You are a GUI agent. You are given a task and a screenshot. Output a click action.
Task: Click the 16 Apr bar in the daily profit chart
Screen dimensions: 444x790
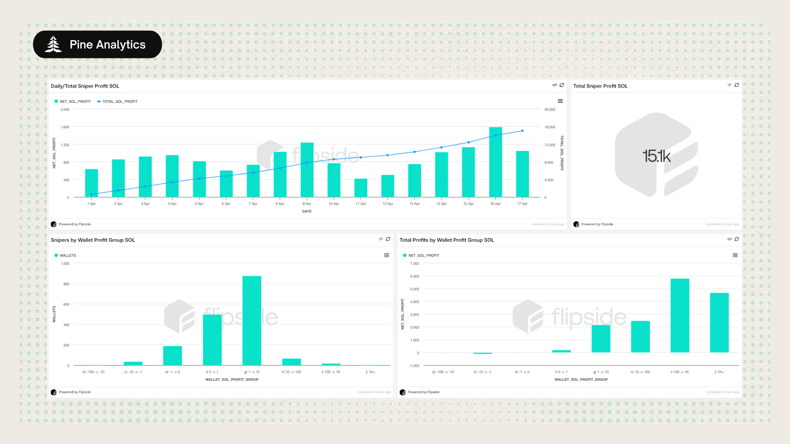coord(495,162)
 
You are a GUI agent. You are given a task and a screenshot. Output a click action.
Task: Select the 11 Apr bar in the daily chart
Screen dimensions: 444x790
coord(361,188)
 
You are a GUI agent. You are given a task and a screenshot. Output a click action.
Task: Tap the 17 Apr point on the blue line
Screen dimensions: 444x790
coord(523,131)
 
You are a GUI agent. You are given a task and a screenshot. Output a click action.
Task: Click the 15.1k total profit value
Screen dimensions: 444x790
coord(656,156)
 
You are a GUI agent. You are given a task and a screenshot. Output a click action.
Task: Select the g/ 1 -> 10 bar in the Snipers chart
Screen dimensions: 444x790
coord(252,321)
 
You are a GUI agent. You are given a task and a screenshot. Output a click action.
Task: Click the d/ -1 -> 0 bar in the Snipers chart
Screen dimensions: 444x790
coord(172,356)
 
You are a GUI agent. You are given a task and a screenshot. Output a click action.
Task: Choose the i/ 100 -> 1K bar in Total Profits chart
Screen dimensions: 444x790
coord(680,315)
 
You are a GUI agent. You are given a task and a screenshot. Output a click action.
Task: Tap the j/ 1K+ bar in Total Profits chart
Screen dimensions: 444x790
coord(719,323)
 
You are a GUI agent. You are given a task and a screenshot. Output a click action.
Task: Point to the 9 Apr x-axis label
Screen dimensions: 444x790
coord(307,204)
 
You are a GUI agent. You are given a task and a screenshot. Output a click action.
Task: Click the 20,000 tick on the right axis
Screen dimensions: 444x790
coord(550,110)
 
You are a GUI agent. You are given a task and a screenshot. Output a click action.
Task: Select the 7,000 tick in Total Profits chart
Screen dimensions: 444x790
coord(415,264)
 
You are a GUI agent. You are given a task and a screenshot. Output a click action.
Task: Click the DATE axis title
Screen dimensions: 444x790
coord(307,211)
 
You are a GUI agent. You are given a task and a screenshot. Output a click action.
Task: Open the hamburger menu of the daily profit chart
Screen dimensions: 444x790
coord(560,101)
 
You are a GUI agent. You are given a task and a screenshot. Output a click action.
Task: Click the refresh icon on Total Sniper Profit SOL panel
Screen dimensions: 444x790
coord(737,85)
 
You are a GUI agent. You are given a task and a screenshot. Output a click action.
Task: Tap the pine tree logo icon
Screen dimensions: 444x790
coord(53,44)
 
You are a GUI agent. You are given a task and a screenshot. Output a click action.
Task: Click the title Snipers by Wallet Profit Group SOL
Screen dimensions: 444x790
coord(93,240)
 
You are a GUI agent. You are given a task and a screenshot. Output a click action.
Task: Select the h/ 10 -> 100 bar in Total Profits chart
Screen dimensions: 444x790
coord(640,337)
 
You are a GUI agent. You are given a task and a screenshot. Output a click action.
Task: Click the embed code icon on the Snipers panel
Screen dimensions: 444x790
coord(381,239)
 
